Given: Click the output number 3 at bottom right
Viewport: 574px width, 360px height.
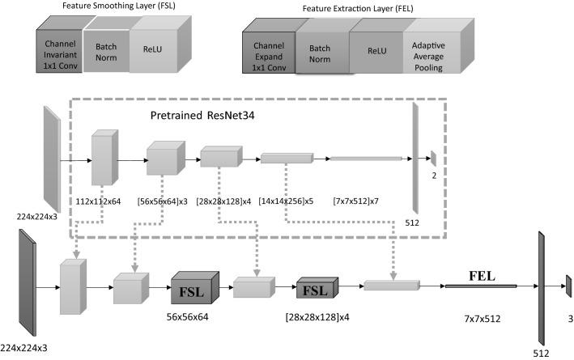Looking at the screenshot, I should pyautogui.click(x=569, y=320).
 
